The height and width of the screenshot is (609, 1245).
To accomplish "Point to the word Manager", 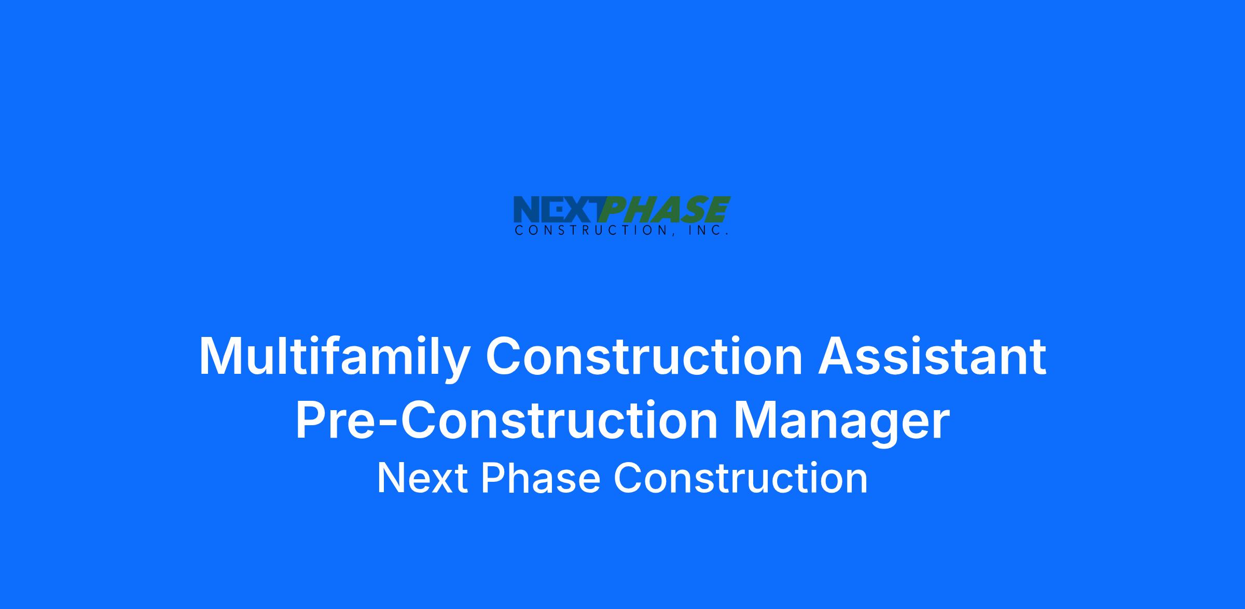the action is (841, 423).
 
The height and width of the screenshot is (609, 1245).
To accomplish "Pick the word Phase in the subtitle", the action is (541, 478).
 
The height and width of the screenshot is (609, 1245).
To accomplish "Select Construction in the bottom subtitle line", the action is (741, 478).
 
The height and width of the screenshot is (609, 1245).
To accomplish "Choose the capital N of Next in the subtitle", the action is (391, 478).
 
